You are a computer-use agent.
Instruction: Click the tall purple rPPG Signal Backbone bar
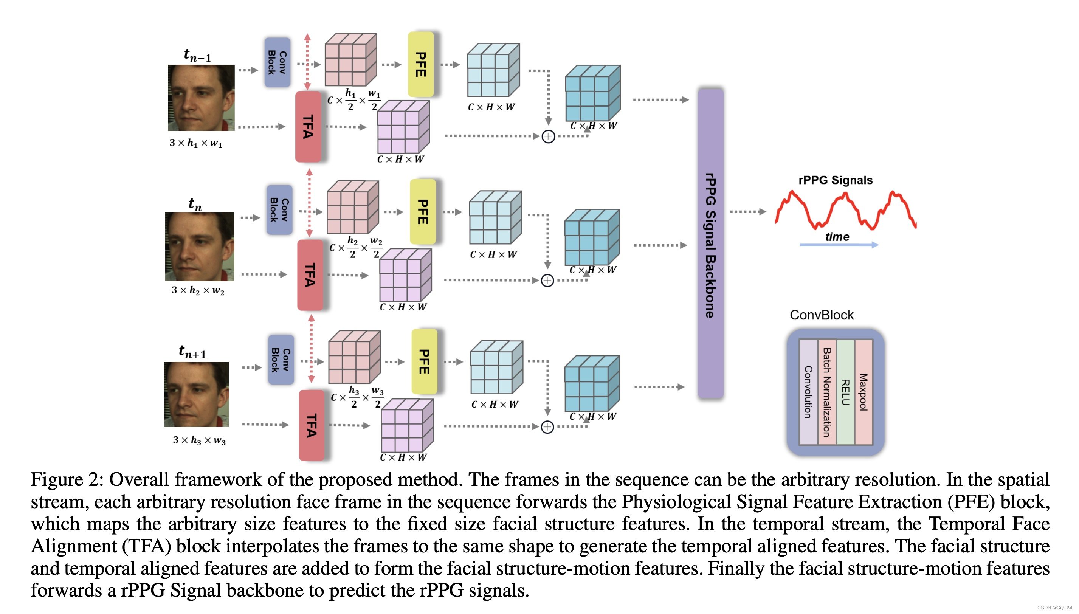point(710,244)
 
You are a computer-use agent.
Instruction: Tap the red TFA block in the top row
point(308,127)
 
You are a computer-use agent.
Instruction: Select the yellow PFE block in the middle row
point(423,212)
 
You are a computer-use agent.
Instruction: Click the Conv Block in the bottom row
point(281,360)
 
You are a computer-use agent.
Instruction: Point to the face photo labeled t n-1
point(201,98)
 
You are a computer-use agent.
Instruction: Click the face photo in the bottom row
point(197,394)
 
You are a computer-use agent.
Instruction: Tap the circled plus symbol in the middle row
point(547,281)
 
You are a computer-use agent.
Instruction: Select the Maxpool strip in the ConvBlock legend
point(863,392)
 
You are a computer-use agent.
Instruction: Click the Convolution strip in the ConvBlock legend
point(808,392)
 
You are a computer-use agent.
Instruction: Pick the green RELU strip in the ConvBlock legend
point(845,392)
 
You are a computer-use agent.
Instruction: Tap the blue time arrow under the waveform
point(838,245)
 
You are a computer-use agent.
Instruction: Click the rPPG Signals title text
point(835,180)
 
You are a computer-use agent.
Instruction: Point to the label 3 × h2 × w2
point(198,290)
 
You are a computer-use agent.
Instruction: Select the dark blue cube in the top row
point(592,93)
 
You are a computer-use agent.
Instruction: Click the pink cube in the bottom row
point(354,357)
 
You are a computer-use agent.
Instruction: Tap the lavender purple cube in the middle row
point(405,275)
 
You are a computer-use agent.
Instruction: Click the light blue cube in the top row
point(493,70)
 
